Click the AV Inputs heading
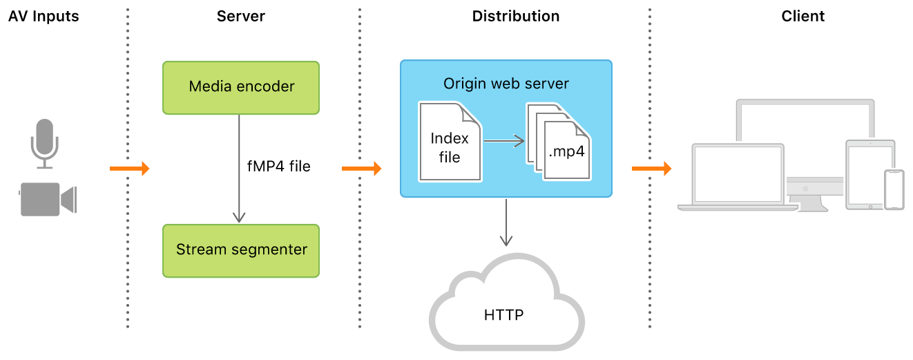point(44,17)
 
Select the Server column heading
point(240,17)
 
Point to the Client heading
point(803,17)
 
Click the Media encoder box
point(241,87)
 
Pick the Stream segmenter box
point(241,250)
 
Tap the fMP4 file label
point(279,167)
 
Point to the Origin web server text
point(506,84)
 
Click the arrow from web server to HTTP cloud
point(506,221)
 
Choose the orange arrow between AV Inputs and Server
point(130,168)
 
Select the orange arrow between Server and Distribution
point(362,168)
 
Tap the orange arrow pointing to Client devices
point(651,168)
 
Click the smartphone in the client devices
point(894,189)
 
